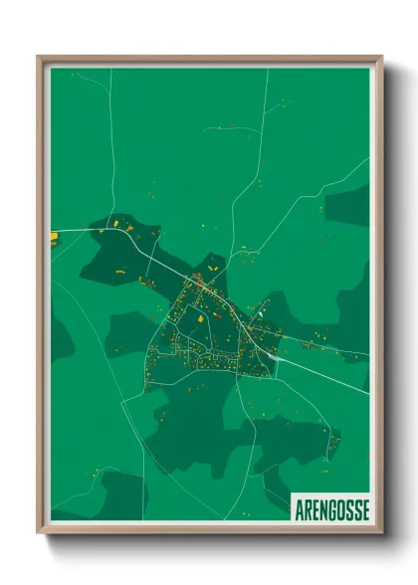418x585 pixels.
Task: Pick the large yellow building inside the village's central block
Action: (198, 320)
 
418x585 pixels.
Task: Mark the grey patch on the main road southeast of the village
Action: (271, 352)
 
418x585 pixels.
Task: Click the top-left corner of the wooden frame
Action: (38, 57)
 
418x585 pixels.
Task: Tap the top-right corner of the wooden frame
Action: (381, 57)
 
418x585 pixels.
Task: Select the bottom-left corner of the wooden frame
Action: (38, 532)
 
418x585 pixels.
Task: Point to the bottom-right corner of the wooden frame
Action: (381, 532)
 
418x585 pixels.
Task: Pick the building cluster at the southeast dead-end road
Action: (332, 438)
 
